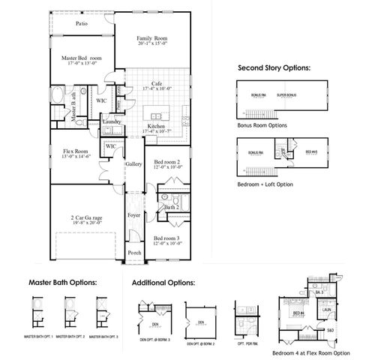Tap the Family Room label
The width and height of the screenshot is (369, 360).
pyautogui.click(x=152, y=39)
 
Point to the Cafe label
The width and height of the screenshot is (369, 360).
pyautogui.click(x=157, y=83)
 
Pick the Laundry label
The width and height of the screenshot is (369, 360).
pyautogui.click(x=112, y=121)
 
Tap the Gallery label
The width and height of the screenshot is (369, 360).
pyautogui.click(x=134, y=163)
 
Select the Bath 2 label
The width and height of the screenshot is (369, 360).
pyautogui.click(x=172, y=207)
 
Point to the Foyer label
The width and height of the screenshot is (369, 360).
pyautogui.click(x=134, y=215)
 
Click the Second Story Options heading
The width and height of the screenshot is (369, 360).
pyautogui.click(x=273, y=67)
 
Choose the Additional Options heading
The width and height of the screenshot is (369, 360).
pyautogui.click(x=163, y=283)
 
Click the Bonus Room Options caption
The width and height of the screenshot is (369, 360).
pyautogui.click(x=261, y=126)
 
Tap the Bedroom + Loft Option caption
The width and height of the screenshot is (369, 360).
pyautogui.click(x=265, y=183)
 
